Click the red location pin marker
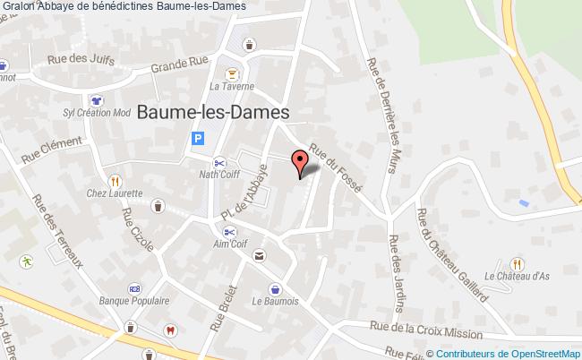[x=302, y=162]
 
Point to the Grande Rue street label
[x=179, y=65]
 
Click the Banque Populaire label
[x=132, y=300]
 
